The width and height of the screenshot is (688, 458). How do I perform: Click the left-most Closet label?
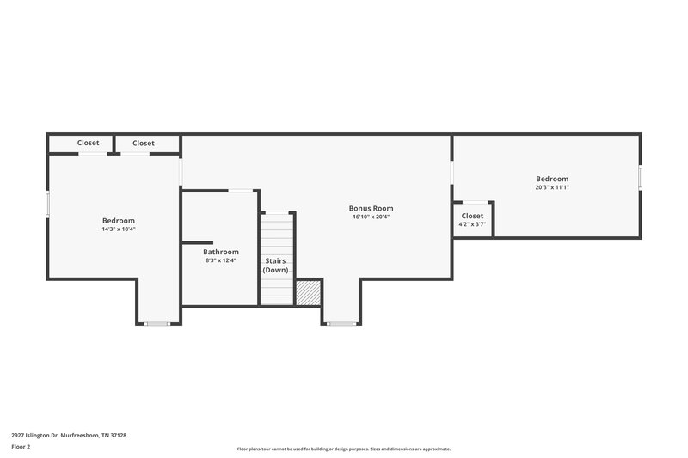pos(89,143)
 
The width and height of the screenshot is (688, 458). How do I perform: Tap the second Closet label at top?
pos(144,143)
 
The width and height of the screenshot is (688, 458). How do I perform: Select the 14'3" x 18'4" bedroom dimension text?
pos(119,229)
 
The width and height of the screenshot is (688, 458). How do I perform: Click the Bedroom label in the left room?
pos(119,220)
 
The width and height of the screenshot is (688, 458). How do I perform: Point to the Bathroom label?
pos(221,252)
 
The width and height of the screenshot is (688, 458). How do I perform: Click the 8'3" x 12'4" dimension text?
pos(221,260)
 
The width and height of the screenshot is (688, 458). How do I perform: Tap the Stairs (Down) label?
pos(275,265)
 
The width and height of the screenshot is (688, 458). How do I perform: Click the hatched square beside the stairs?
pos(308,292)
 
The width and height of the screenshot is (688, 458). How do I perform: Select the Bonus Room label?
pos(372,208)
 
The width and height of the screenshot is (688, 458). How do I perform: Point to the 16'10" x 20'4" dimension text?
pos(372,217)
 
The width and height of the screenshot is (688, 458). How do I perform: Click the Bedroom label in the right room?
pos(551,179)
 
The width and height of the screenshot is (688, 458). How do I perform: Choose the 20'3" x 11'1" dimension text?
pos(551,187)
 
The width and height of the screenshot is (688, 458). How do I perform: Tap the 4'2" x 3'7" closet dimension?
pos(472,224)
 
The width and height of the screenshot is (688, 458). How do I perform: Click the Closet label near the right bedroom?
pos(472,216)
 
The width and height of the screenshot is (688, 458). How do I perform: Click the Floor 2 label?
pos(21,447)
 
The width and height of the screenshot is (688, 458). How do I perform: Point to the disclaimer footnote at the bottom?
pos(343,449)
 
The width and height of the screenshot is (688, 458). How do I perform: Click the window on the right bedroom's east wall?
pos(640,176)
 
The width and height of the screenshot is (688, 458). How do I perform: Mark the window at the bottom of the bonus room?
pos(341,324)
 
